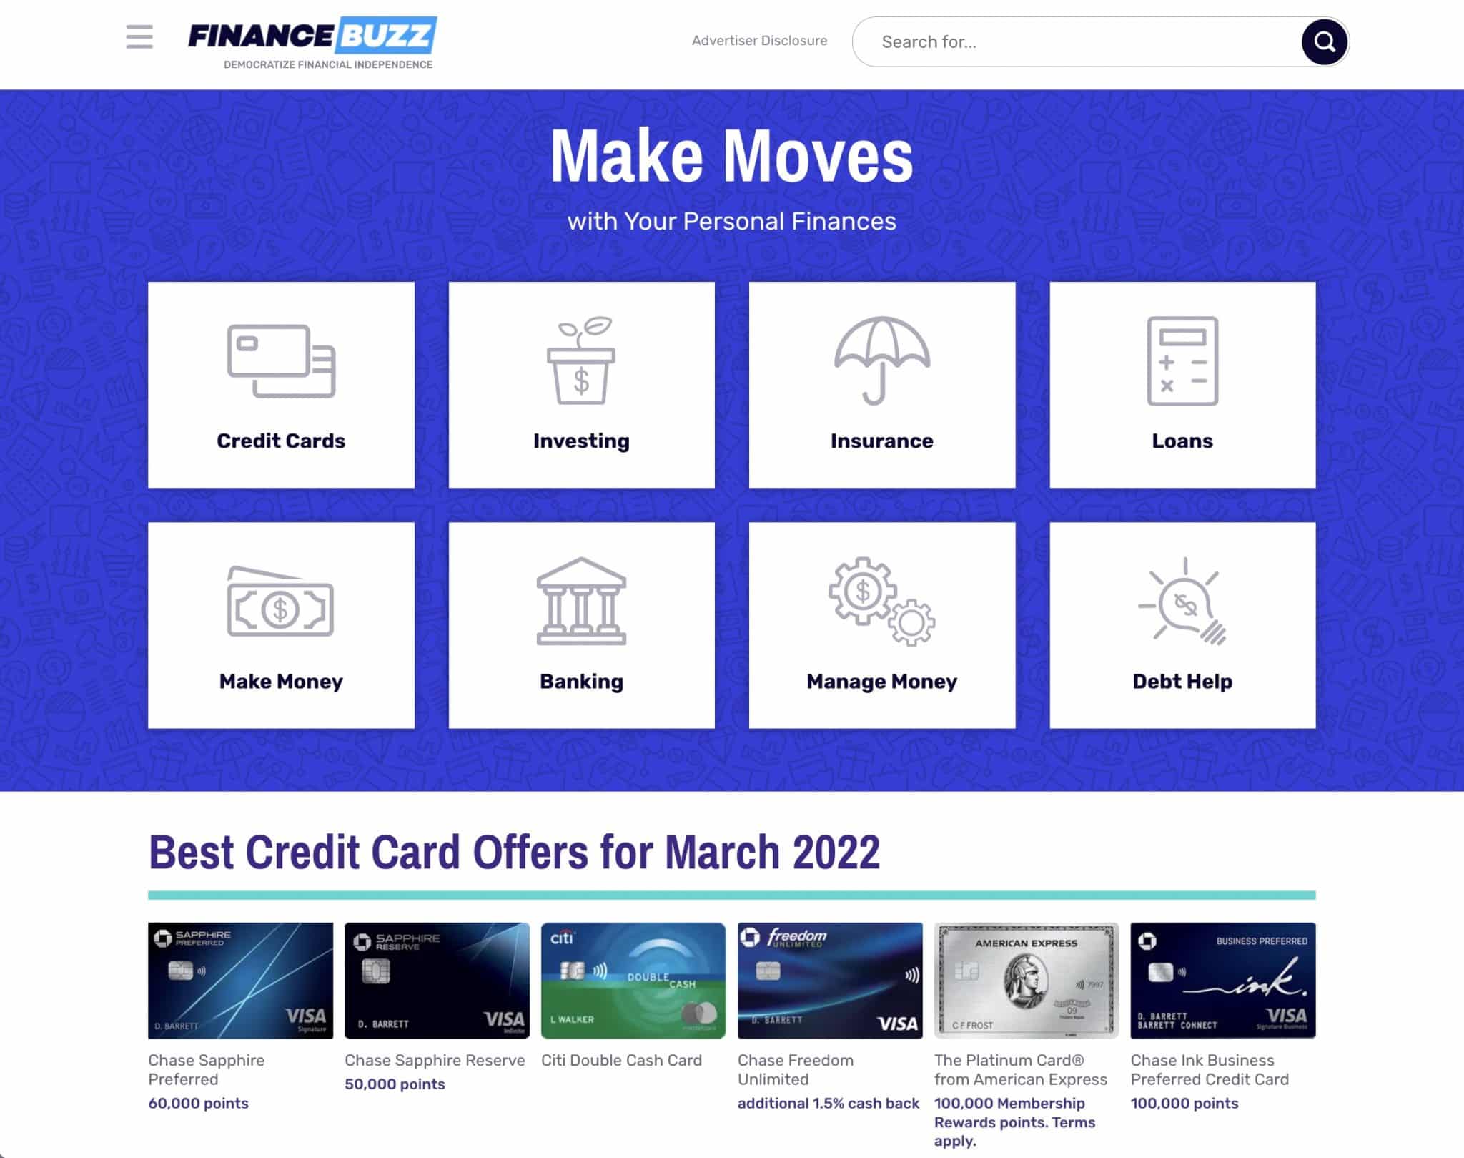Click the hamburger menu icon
tap(139, 37)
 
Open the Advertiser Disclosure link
tap(759, 41)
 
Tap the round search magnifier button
tap(1324, 42)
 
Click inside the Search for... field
tap(1072, 42)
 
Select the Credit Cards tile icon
tap(281, 361)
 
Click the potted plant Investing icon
tap(581, 360)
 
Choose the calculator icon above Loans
tap(1182, 361)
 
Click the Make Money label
tap(281, 681)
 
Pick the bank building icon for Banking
tap(581, 602)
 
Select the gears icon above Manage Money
tap(882, 602)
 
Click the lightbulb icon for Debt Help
tap(1182, 602)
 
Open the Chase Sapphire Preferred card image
tap(240, 980)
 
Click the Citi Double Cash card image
tap(633, 980)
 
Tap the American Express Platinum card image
tap(1026, 980)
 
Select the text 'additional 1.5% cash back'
tap(829, 1103)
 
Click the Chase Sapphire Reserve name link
tap(435, 1060)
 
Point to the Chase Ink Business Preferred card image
tap(1222, 980)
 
